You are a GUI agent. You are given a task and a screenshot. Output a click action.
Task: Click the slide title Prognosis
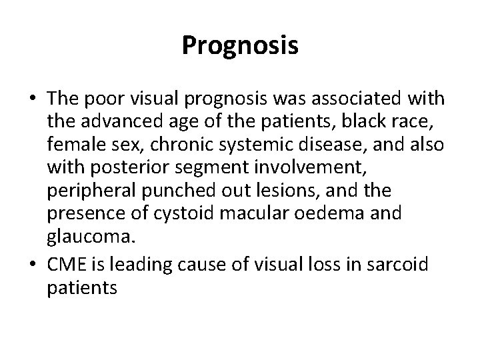tap(240, 45)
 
